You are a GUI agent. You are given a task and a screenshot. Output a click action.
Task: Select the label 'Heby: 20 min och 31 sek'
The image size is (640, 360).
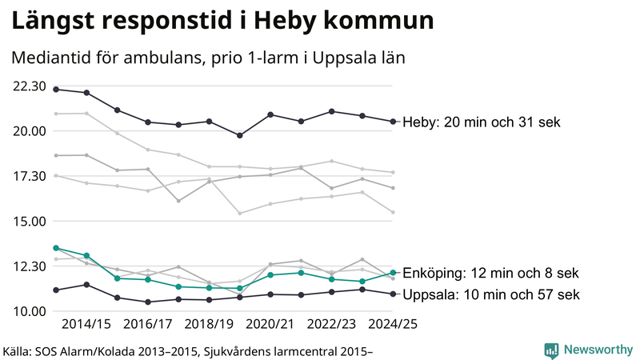pyautogui.click(x=481, y=122)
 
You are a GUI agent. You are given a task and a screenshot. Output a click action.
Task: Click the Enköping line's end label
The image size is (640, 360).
pyautogui.click(x=490, y=273)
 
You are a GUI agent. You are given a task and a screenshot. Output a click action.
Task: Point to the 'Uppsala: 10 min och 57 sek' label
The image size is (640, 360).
pyautogui.click(x=490, y=294)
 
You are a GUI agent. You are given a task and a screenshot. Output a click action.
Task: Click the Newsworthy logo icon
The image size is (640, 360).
pyautogui.click(x=551, y=350)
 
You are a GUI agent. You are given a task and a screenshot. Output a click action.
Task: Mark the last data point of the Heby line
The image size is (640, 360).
pyautogui.click(x=393, y=122)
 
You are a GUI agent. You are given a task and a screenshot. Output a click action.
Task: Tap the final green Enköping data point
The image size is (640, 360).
pyautogui.click(x=393, y=273)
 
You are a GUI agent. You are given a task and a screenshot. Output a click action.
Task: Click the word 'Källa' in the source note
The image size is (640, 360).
pyautogui.click(x=19, y=350)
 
